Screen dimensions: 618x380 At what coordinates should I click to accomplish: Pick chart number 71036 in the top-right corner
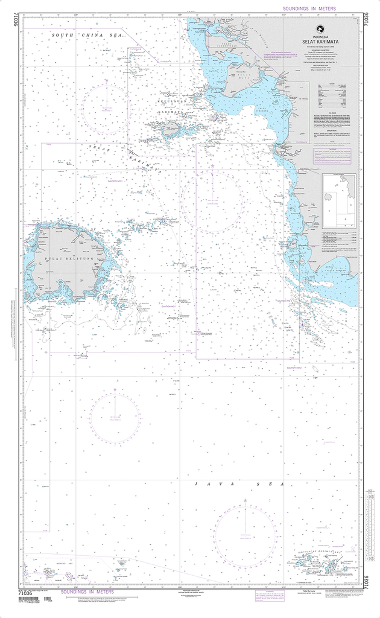coord(366,26)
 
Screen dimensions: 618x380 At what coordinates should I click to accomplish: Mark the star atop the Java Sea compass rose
coord(245,502)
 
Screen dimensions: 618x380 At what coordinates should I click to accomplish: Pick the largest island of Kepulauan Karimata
coord(169,128)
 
